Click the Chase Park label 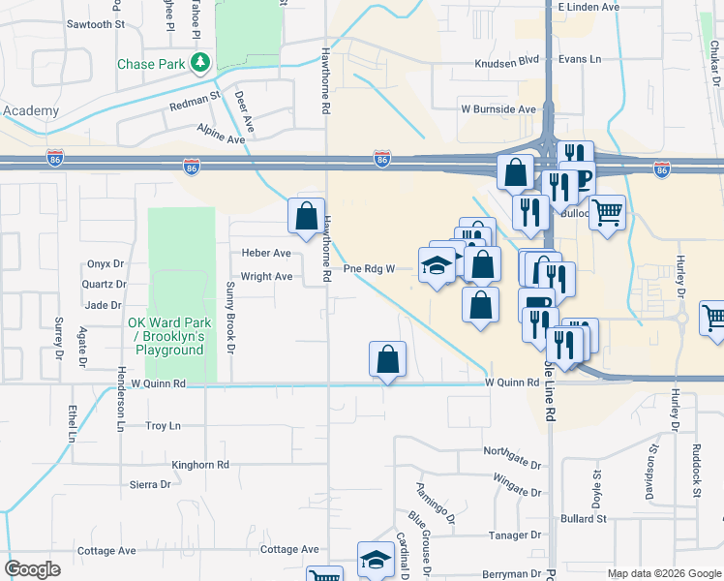(150, 65)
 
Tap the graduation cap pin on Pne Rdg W (437, 265)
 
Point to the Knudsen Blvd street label (505, 60)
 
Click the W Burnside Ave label (498, 109)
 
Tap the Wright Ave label (266, 276)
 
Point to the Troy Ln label (163, 426)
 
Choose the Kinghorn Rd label (200, 465)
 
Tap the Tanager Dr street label (514, 535)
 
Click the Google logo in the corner (32, 569)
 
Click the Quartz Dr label (106, 285)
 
